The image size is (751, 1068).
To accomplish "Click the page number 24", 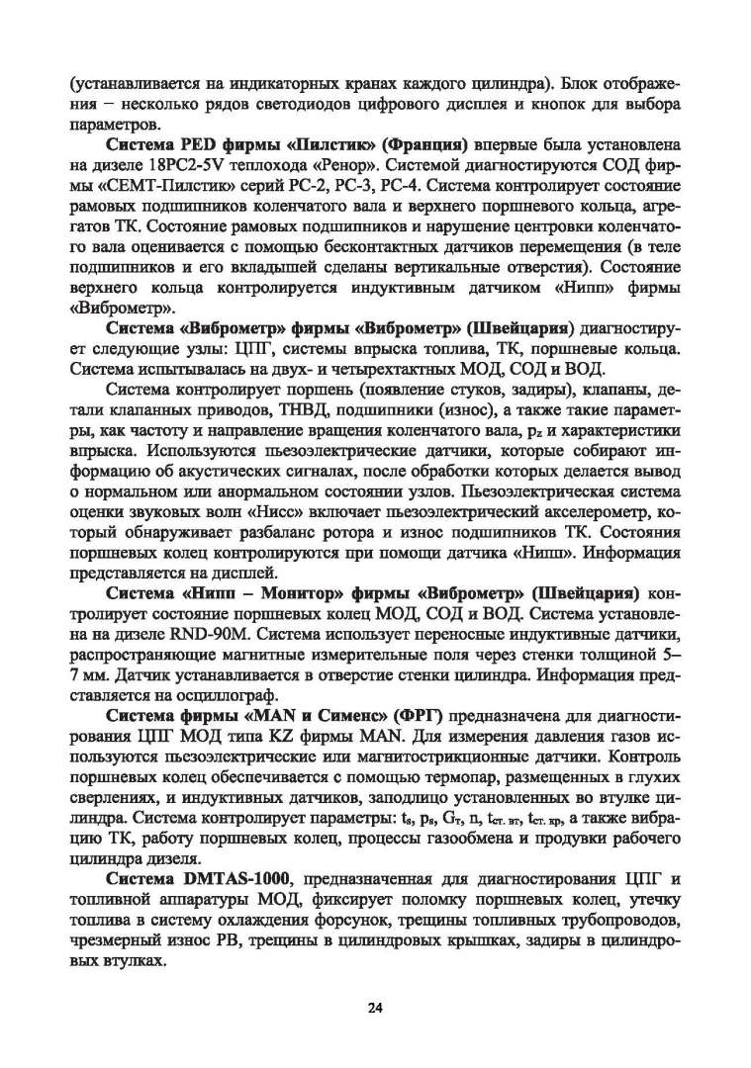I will pos(375,1008).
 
